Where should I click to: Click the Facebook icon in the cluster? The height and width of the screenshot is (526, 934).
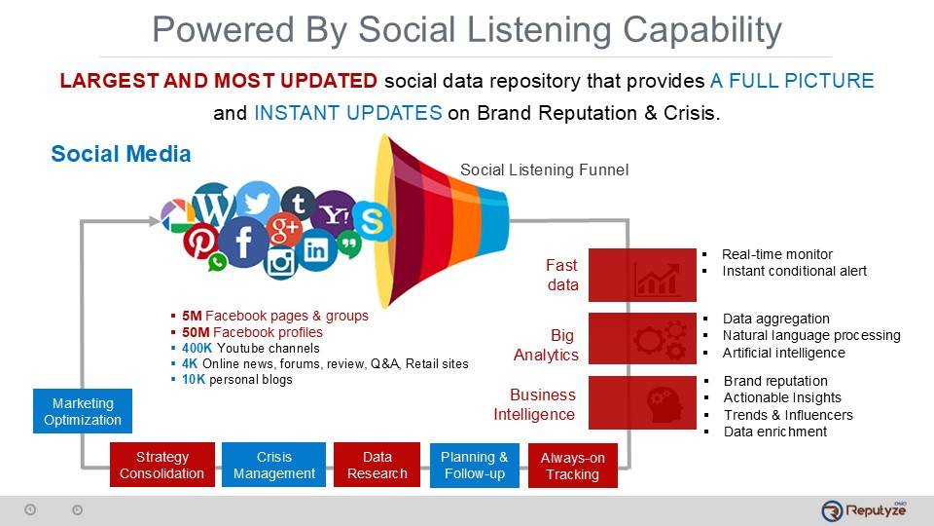pyautogui.click(x=243, y=243)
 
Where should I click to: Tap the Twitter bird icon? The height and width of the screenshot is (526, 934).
pyautogui.click(x=257, y=203)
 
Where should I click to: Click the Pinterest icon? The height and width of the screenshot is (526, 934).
pyautogui.click(x=200, y=241)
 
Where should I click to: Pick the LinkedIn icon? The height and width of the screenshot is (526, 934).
pyautogui.click(x=315, y=250)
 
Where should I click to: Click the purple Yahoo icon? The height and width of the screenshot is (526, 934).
pyautogui.click(x=335, y=213)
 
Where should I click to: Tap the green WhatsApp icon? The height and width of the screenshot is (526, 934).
pyautogui.click(x=217, y=262)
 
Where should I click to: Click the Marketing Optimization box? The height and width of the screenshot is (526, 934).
pyautogui.click(x=83, y=411)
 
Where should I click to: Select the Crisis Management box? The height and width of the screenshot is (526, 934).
pyautogui.click(x=273, y=465)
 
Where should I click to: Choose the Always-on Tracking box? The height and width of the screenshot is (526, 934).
pyautogui.click(x=572, y=466)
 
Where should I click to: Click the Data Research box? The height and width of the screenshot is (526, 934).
pyautogui.click(x=377, y=465)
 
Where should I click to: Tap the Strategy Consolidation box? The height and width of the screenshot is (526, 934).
pyautogui.click(x=162, y=465)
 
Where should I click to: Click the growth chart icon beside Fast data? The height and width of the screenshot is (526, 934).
pyautogui.click(x=657, y=278)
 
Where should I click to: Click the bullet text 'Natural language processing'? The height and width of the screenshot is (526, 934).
pyautogui.click(x=810, y=335)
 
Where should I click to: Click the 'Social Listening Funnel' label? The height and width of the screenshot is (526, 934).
pyautogui.click(x=544, y=169)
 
